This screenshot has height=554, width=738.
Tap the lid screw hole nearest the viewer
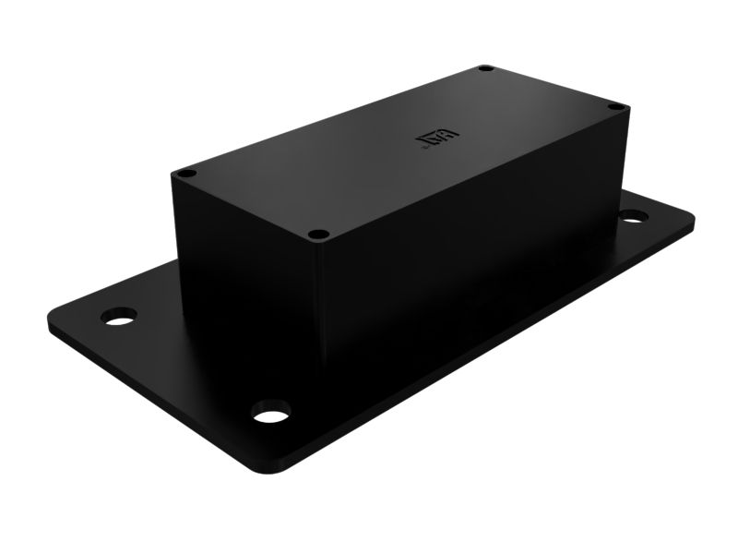click(317, 235)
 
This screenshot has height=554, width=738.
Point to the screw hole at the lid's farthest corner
click(485, 68)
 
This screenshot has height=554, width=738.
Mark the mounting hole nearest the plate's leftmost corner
click(118, 317)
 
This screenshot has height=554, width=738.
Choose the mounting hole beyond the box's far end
click(633, 216)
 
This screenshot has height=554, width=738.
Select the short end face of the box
click(249, 277)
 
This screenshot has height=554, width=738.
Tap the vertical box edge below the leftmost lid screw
click(175, 231)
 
